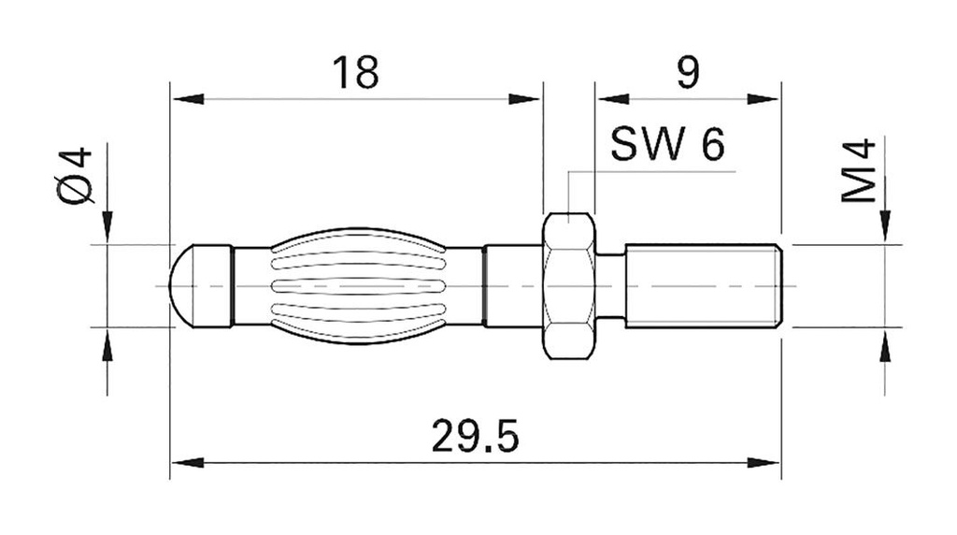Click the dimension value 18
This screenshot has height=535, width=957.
[356, 72]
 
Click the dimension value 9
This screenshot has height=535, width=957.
[687, 72]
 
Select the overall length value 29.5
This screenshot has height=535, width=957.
[475, 437]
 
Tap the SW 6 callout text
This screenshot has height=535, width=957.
[666, 145]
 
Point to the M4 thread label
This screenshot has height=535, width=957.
[858, 171]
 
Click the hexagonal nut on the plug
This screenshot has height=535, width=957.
[568, 285]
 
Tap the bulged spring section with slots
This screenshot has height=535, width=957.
[358, 285]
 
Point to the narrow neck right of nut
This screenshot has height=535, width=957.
[609, 285]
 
